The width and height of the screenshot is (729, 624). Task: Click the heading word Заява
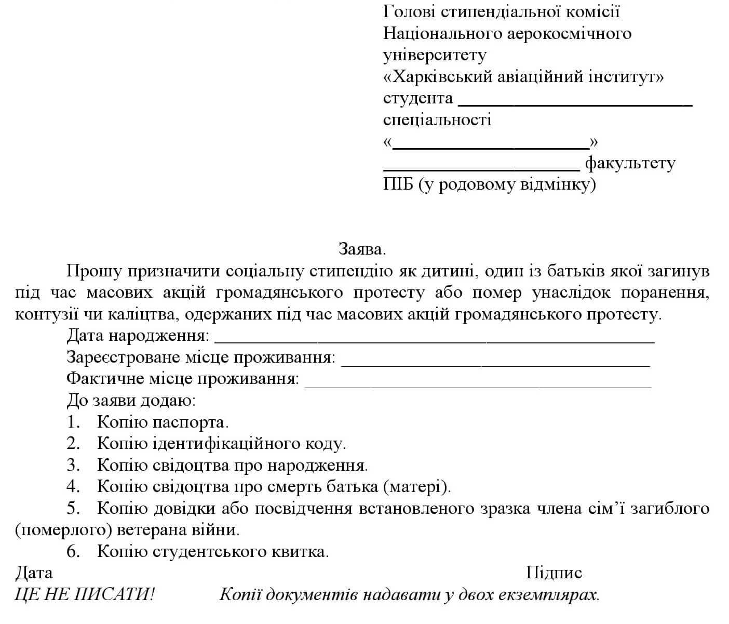pos(362,249)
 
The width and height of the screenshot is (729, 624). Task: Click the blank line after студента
pos(575,103)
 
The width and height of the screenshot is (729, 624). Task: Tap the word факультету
pos(630,164)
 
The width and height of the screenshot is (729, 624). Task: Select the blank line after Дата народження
pos(434,341)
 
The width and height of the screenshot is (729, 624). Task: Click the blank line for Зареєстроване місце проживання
pos(495,364)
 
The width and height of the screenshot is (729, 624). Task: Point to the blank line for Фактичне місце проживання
pos(478,385)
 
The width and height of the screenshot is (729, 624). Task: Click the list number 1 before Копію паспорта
pos(73,422)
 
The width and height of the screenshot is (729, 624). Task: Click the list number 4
pos(73,486)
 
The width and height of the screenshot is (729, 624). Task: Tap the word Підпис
pos(553,573)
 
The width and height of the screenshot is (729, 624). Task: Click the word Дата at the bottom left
pos(34,573)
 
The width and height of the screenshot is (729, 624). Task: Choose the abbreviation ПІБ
pos(398,184)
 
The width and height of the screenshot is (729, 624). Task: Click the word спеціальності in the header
pos(437,120)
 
